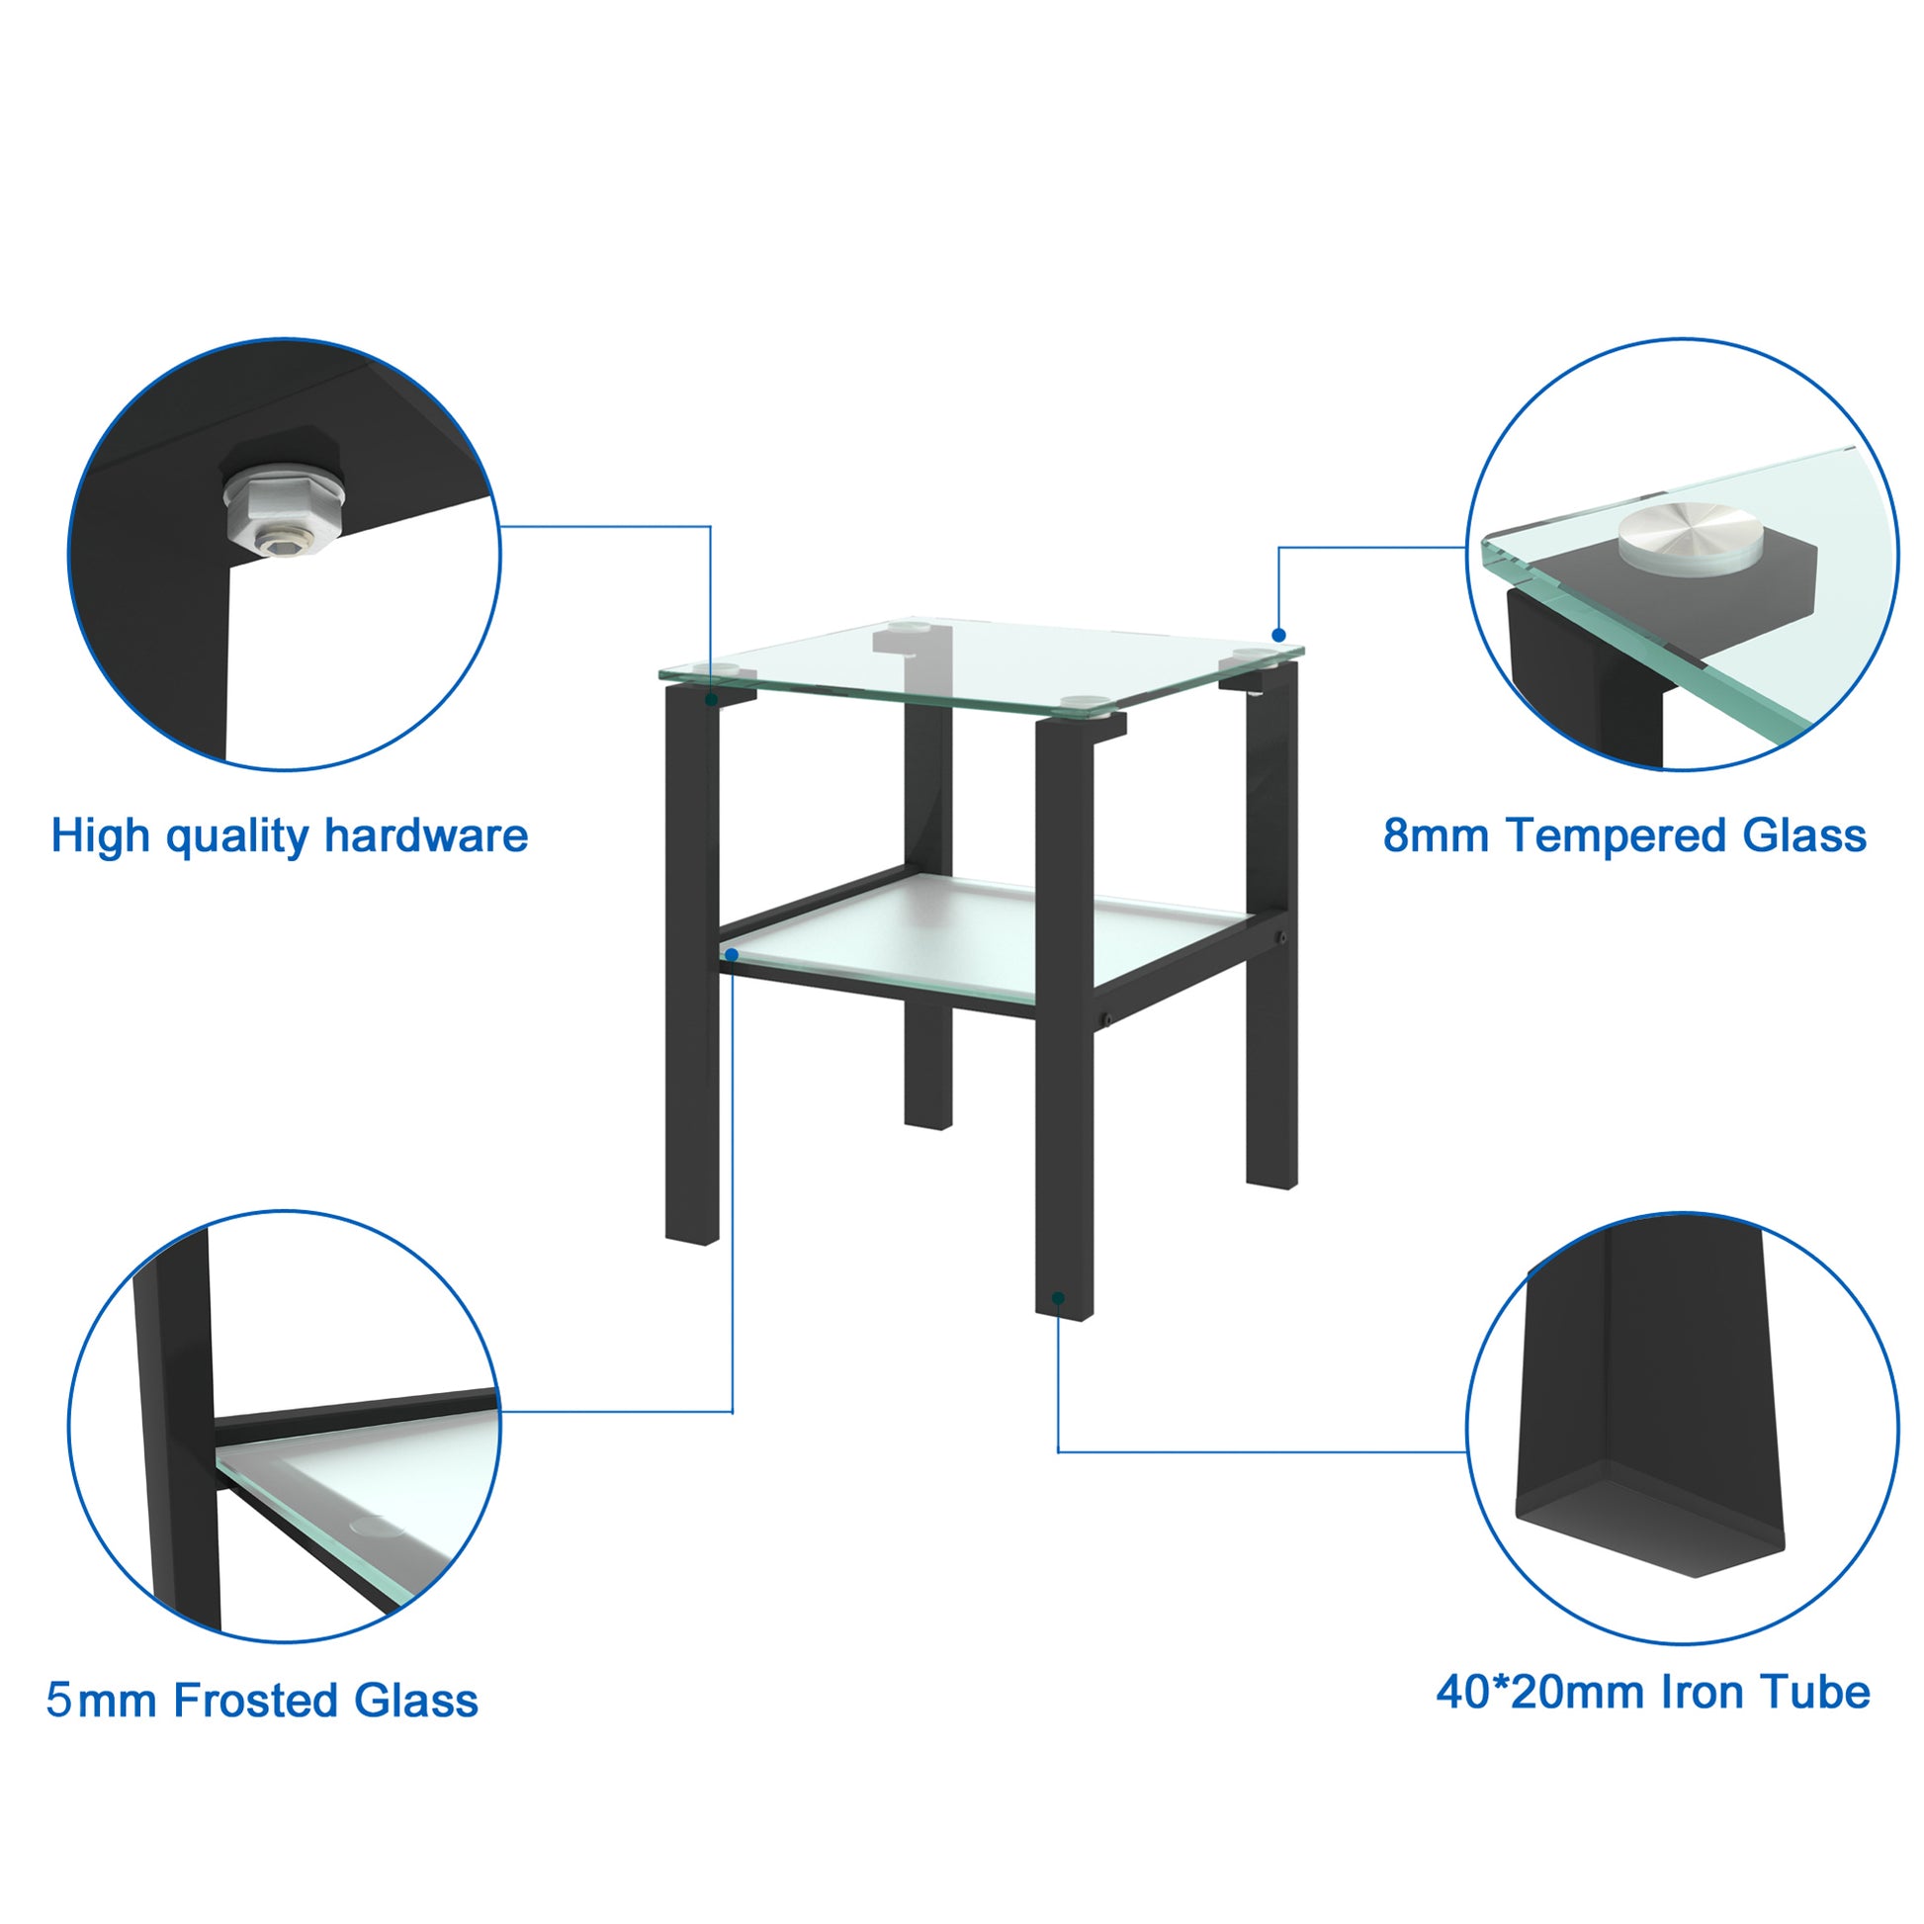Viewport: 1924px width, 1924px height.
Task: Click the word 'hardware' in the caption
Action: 426,835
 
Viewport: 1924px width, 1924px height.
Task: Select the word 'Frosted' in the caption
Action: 256,1700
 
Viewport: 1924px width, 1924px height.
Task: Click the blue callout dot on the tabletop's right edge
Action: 1278,636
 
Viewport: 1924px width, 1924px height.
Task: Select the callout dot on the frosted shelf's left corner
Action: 732,955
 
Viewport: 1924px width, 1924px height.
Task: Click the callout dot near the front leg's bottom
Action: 1059,1298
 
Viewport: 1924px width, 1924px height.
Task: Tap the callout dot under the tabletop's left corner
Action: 711,700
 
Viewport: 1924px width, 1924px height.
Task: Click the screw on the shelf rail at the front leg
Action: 1105,1018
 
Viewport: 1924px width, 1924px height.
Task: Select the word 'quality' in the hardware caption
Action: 237,837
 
